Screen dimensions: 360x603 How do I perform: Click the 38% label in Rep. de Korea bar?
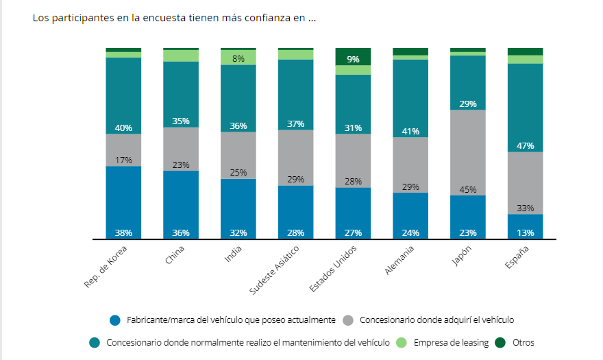(123, 232)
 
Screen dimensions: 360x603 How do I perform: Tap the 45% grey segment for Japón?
(467, 152)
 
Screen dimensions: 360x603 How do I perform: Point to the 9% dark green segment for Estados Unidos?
(353, 57)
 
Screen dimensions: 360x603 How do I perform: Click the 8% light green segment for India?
(238, 58)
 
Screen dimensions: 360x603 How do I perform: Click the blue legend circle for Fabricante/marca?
(115, 320)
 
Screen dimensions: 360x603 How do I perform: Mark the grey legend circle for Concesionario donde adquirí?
(348, 320)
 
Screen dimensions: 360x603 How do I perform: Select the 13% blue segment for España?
(525, 226)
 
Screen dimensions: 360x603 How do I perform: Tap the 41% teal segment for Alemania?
(410, 96)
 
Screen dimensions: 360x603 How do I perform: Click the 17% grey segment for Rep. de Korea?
(123, 149)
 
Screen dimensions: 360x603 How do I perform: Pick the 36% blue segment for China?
(181, 204)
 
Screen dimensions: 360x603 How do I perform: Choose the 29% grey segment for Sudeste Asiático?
(295, 157)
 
